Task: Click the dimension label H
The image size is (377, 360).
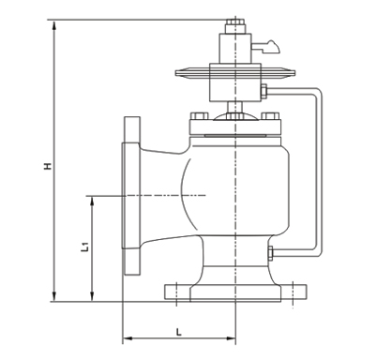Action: click(x=48, y=166)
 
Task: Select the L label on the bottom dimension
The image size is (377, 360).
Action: click(x=178, y=332)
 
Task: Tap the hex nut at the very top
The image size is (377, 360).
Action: click(x=234, y=22)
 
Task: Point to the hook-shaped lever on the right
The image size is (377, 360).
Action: click(x=268, y=47)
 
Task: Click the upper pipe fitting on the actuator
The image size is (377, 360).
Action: click(x=264, y=91)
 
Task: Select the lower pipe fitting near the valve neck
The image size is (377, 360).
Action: click(x=271, y=253)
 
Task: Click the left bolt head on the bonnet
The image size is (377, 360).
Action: click(x=200, y=116)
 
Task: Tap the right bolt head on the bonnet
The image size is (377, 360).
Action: click(x=270, y=116)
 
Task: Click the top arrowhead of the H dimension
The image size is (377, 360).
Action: click(x=54, y=25)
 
